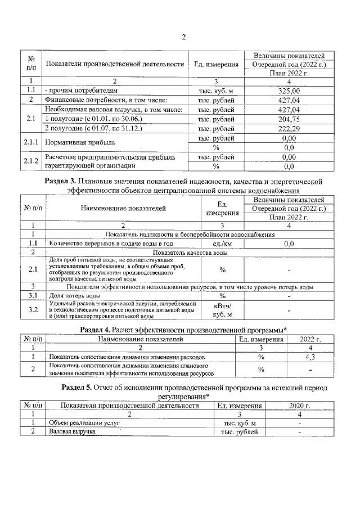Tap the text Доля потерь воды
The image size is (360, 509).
pos(75,295)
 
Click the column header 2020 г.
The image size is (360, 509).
pos(300,405)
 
